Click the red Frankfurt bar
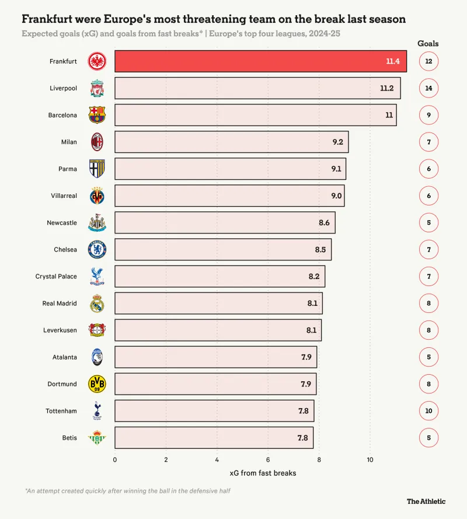coord(260,61)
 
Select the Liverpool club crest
coord(97,88)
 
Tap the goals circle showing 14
coord(428,88)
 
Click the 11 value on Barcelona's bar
coord(389,115)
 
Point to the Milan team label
coord(69,142)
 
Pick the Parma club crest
coord(97,169)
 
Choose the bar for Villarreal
coord(229,196)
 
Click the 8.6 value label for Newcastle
coord(325,222)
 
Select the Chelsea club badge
coord(97,249)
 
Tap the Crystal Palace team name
coord(56,276)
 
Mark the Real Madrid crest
coord(97,303)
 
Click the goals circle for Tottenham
coord(428,410)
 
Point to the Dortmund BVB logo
coord(97,384)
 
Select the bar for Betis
coord(214,437)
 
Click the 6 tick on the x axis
coord(268,459)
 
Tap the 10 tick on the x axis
coord(370,459)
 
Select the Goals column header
coord(428,43)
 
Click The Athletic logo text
coord(426,501)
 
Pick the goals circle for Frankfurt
coord(428,61)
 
